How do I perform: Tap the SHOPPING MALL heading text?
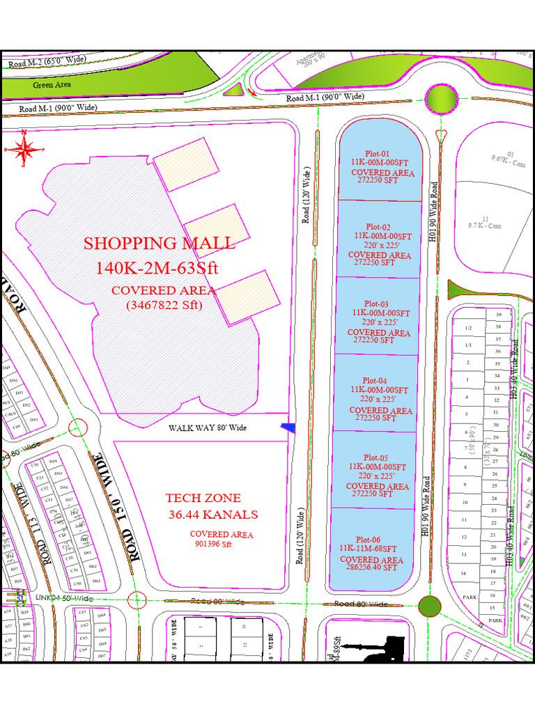[160, 243]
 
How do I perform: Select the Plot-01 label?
[378, 154]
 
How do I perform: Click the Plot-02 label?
[378, 227]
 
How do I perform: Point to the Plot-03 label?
[375, 304]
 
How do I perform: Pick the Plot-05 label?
[375, 457]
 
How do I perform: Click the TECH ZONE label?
[203, 498]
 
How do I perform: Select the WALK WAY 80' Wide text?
[208, 428]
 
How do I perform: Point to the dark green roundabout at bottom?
[429, 606]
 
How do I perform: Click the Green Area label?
[53, 85]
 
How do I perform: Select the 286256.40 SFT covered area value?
[372, 567]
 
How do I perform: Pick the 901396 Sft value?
[212, 544]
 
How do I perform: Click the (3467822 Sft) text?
[164, 304]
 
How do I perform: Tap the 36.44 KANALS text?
[212, 515]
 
